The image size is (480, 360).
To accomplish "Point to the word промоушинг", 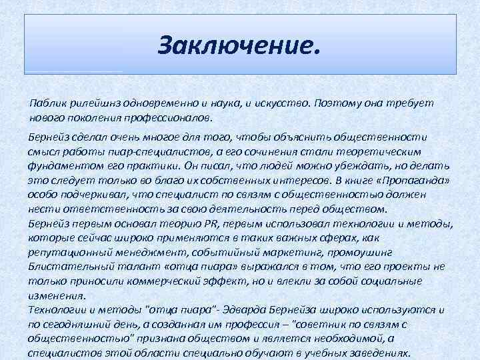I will point(361,251).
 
